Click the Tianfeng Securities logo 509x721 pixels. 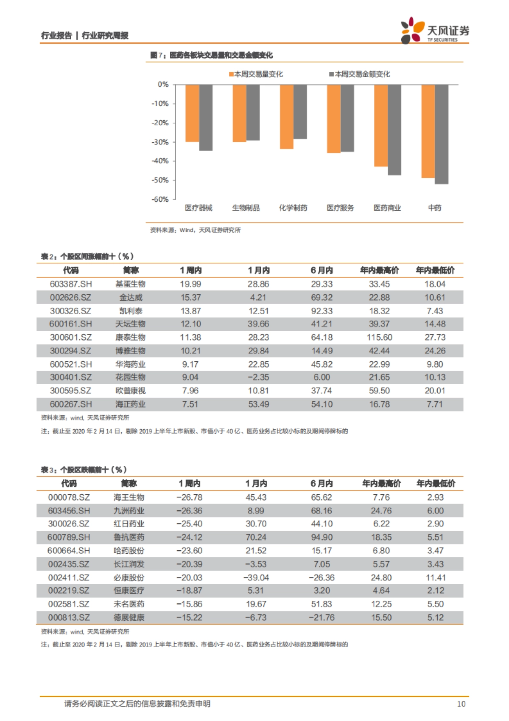(435, 31)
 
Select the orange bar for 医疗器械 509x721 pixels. (192, 113)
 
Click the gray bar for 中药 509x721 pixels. (442, 134)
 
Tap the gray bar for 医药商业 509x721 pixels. (394, 130)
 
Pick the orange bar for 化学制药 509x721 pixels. (287, 117)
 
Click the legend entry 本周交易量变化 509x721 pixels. (256, 74)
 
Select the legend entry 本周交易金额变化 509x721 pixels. (360, 74)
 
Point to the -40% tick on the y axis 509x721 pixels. (160, 161)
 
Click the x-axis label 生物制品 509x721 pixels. (246, 208)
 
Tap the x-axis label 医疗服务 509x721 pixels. (340, 208)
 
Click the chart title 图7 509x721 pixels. (211, 55)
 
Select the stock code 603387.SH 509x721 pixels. (70, 284)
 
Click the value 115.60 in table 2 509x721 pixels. (379, 338)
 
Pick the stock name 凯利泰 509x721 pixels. (131, 311)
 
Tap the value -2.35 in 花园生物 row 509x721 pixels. (258, 377)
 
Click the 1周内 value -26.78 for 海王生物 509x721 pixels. (190, 497)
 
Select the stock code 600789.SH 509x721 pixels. (69, 537)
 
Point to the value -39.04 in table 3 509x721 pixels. (256, 577)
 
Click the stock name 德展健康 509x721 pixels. (129, 617)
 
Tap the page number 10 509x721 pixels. (461, 704)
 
